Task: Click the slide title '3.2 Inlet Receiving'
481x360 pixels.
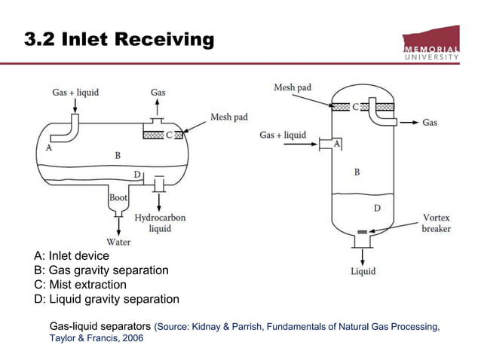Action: pyautogui.click(x=120, y=39)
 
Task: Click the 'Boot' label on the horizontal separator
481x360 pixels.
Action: pyautogui.click(x=118, y=197)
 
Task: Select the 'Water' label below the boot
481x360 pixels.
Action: pyautogui.click(x=118, y=242)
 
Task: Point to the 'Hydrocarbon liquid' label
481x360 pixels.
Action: pyautogui.click(x=160, y=223)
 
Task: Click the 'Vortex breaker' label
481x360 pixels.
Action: pyautogui.click(x=437, y=221)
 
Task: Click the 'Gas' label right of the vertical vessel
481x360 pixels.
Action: pyautogui.click(x=430, y=122)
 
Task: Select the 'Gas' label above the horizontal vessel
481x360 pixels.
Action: pyautogui.click(x=158, y=93)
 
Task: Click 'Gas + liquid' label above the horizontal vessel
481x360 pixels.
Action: pyautogui.click(x=75, y=93)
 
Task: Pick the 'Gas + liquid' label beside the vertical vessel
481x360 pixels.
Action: pyautogui.click(x=283, y=136)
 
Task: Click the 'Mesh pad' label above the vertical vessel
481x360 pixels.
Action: pyautogui.click(x=293, y=88)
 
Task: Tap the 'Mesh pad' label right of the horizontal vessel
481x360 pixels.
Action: pyautogui.click(x=228, y=117)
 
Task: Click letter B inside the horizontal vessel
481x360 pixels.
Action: pyautogui.click(x=118, y=155)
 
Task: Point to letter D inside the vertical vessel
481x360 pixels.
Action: pyautogui.click(x=377, y=207)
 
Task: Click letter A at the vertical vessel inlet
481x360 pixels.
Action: pyautogui.click(x=336, y=143)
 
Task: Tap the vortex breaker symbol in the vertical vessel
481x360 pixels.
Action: pyautogui.click(x=362, y=230)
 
